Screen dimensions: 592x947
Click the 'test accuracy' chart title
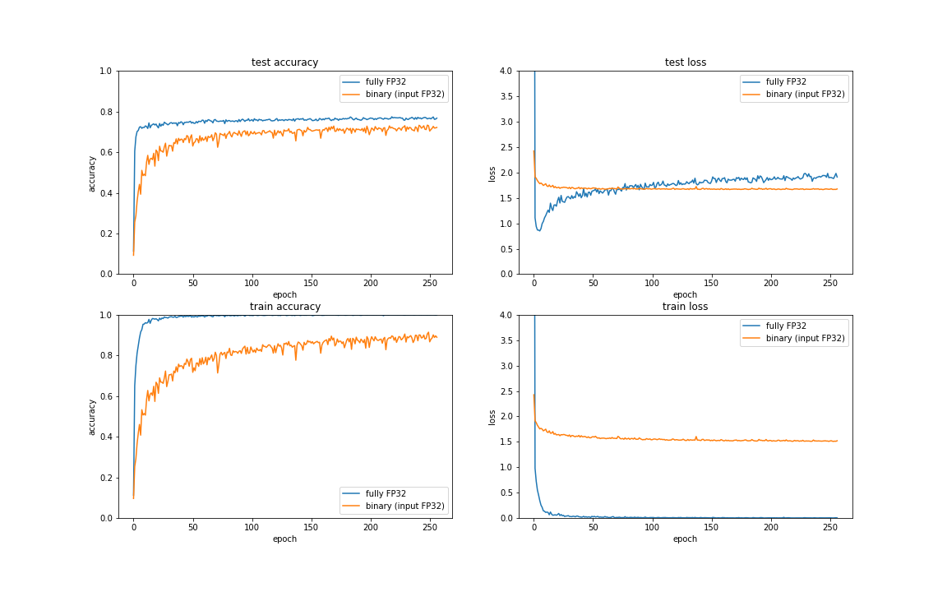[284, 62]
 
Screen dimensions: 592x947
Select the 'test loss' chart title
[685, 62]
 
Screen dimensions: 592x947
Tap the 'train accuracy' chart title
[284, 307]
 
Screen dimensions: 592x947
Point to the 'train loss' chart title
[685, 307]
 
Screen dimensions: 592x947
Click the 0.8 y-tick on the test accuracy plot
[105, 112]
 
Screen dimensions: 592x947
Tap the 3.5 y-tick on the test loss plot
[506, 96]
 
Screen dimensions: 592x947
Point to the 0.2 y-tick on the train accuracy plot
[105, 478]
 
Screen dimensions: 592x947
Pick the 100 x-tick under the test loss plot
[652, 284]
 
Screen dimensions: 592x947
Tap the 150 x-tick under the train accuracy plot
[312, 528]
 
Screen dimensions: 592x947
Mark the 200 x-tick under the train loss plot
[770, 528]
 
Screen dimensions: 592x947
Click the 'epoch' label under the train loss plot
[685, 539]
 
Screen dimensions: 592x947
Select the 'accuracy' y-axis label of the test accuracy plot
[92, 173]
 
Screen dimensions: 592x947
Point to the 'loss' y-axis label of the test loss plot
[492, 173]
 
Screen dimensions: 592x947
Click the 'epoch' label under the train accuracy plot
[284, 539]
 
